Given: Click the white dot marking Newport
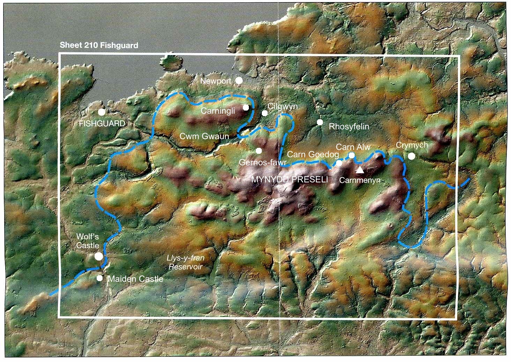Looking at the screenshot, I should (239, 81).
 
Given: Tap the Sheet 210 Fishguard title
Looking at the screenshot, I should (99, 45).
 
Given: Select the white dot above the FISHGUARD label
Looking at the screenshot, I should (102, 112).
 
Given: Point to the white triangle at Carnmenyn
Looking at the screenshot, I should (360, 170).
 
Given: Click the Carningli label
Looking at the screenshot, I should (219, 111).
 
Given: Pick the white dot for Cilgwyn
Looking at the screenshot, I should (265, 113).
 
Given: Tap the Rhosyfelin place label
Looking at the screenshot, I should (349, 126).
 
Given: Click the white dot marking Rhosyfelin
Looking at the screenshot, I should (320, 122).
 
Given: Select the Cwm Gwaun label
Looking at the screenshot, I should (204, 136).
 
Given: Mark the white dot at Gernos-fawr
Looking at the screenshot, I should (259, 151).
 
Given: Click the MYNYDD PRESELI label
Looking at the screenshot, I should (290, 180).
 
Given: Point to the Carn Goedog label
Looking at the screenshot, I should (309, 154).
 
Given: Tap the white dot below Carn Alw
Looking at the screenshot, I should (351, 155).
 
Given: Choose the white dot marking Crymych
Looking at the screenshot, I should (412, 156).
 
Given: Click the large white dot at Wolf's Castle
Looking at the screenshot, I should (99, 256).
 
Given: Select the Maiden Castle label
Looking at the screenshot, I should (135, 279).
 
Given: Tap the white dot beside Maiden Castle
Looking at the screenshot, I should (100, 278).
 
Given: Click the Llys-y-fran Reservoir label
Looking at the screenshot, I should (186, 262).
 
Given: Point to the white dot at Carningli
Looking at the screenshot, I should (246, 107).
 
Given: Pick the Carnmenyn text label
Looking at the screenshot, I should (360, 180).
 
